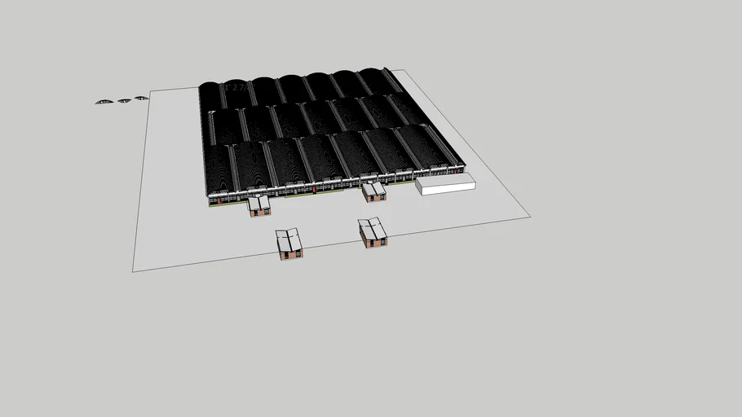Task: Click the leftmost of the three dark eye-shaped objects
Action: (x=103, y=102)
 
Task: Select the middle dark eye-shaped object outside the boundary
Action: (x=124, y=101)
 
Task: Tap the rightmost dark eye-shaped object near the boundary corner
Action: (x=141, y=98)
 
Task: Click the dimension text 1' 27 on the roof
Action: (x=236, y=86)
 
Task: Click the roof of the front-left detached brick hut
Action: (x=288, y=239)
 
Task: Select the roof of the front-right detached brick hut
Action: (x=371, y=228)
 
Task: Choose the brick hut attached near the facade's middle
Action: (x=374, y=193)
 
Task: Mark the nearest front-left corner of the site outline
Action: (x=133, y=270)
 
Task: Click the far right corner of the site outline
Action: (x=530, y=217)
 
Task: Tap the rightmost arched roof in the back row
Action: (x=377, y=81)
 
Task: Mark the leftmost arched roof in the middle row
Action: (x=227, y=127)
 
